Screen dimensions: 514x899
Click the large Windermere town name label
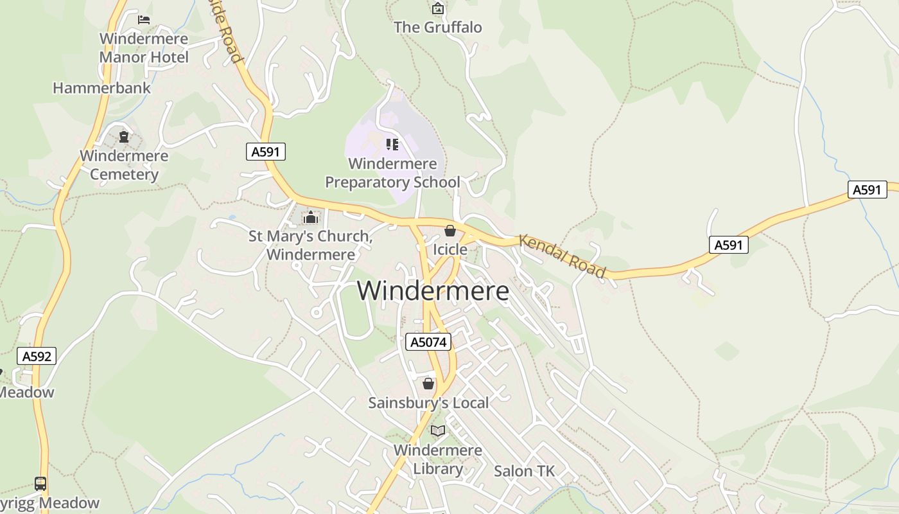[x=433, y=291]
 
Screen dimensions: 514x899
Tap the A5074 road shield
[x=428, y=342]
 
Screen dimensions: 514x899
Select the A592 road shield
[x=37, y=356]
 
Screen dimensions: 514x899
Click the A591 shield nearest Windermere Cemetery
[x=266, y=152]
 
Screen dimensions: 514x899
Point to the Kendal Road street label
[x=563, y=256]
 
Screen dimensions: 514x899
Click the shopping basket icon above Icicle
[x=450, y=231]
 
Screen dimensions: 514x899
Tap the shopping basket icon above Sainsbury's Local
[x=428, y=384]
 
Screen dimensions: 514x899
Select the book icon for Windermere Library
[x=438, y=430]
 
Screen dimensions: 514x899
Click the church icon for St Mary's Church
[x=311, y=218]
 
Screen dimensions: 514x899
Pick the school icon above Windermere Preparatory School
[x=392, y=145]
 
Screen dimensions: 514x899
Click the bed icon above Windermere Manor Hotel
[x=144, y=19]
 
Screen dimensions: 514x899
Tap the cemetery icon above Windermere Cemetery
[x=124, y=136]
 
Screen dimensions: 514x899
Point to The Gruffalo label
[x=438, y=27]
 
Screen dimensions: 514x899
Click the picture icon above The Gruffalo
[x=438, y=8]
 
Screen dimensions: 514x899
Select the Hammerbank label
[x=101, y=88]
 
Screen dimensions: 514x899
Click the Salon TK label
[x=524, y=471]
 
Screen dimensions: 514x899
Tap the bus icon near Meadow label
[x=40, y=483]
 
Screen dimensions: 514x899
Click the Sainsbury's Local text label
[x=428, y=403]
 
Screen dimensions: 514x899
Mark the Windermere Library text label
[x=438, y=459]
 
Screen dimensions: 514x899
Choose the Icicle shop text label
[x=450, y=249]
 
